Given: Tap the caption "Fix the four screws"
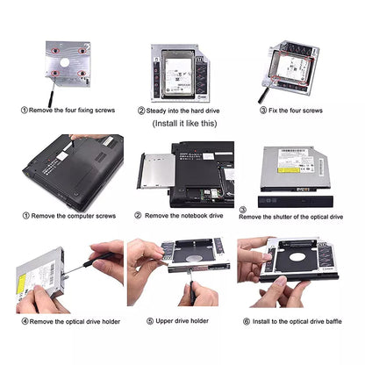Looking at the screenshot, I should point(295,111).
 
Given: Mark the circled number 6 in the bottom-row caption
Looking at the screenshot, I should point(247,321).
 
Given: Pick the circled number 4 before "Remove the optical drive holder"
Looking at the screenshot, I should point(25,321).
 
